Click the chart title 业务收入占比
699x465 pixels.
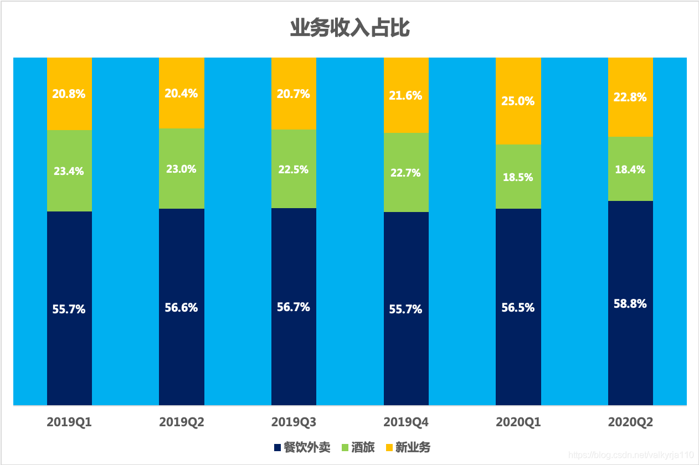point(349,28)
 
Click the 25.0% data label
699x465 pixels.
point(518,101)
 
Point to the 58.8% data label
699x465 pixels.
point(630,304)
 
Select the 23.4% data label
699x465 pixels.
point(69,171)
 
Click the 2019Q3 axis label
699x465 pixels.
point(294,422)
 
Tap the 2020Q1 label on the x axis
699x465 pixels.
point(518,422)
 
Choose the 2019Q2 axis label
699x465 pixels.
point(182,422)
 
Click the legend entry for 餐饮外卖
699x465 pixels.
point(301,447)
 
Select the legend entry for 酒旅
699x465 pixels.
point(357,447)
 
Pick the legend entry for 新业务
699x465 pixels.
point(407,447)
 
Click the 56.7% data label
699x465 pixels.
point(294,307)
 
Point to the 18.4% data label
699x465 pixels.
point(630,169)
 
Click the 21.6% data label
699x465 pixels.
point(406,96)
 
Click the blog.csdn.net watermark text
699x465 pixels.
point(631,454)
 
